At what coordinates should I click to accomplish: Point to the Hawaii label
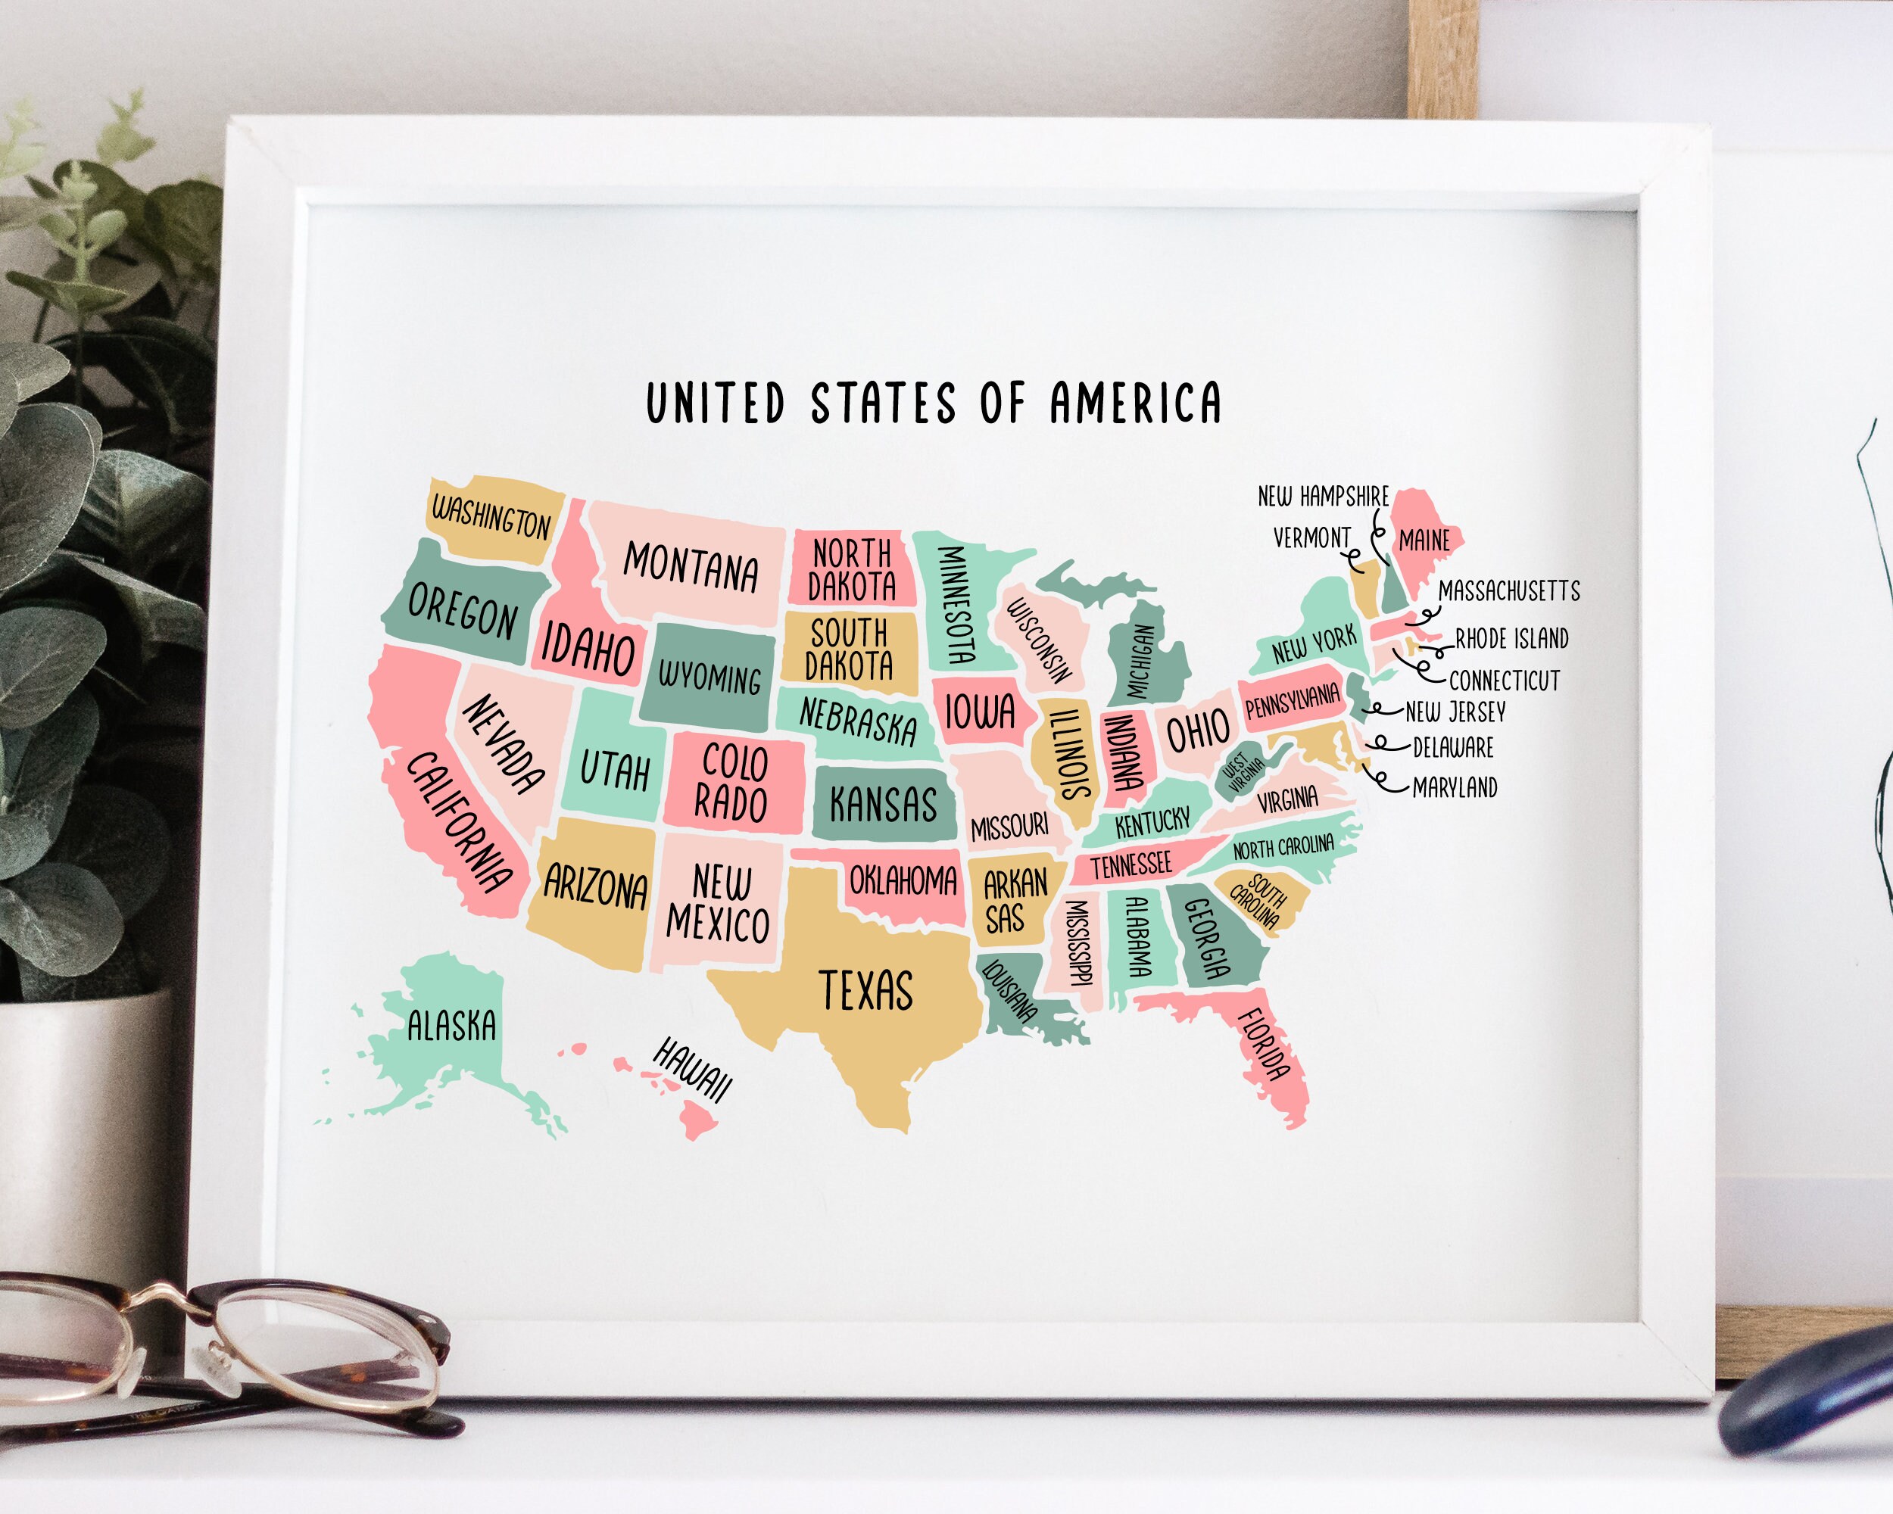[x=692, y=1069]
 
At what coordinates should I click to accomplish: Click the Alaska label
[x=451, y=1025]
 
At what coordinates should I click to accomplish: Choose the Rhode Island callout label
[x=1511, y=638]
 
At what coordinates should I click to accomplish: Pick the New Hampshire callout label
[x=1323, y=496]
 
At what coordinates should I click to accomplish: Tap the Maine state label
[x=1424, y=540]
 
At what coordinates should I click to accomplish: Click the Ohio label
[x=1198, y=731]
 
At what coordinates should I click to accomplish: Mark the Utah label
[x=615, y=770]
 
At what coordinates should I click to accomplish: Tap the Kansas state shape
[x=882, y=803]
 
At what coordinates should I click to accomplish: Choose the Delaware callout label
[x=1453, y=748]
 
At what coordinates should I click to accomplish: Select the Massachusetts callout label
[x=1508, y=590]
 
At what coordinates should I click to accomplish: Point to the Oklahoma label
[x=903, y=880]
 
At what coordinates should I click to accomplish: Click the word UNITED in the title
[x=715, y=403]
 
